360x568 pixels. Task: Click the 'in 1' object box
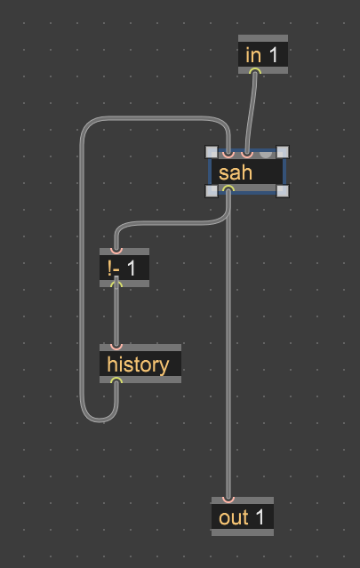click(263, 54)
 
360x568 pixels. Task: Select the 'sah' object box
click(246, 172)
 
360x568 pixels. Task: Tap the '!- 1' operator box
click(124, 268)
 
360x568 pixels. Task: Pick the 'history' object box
click(140, 364)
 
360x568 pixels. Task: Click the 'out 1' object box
click(243, 516)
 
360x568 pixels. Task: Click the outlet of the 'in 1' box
click(255, 70)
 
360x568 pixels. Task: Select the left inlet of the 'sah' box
click(228, 155)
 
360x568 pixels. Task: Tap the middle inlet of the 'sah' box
click(247, 155)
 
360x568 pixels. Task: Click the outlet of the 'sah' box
click(228, 188)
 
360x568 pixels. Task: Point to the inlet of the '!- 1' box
click(116, 251)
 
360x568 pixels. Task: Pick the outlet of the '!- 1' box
click(116, 284)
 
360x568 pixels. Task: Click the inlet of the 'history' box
click(116, 347)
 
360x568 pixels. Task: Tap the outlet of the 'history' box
click(116, 380)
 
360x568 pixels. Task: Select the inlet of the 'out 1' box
click(228, 500)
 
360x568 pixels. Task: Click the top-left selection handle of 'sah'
click(212, 152)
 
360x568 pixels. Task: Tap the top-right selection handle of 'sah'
click(283, 152)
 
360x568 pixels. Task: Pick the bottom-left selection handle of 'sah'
click(212, 191)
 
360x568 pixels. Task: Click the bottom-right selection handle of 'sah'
click(283, 191)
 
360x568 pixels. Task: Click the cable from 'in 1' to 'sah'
click(252, 112)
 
